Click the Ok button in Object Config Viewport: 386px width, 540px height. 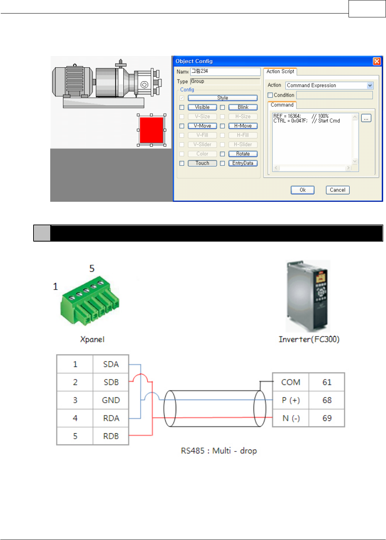coord(302,190)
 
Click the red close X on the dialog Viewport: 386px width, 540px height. coord(377,61)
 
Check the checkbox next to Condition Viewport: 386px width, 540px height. coord(270,95)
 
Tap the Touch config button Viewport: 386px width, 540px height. coord(202,163)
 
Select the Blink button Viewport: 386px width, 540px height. coord(243,107)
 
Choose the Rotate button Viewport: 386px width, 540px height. coord(243,154)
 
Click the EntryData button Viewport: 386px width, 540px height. coord(243,163)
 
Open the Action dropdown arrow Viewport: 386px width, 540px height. coord(370,85)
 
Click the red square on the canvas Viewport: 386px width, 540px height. coord(151,130)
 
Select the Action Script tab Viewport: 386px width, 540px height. coord(280,72)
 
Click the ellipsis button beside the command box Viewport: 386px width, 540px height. coord(366,118)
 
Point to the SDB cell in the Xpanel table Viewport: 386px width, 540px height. coord(111,382)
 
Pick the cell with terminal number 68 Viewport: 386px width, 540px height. coord(327,400)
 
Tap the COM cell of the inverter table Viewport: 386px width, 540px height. coord(291,382)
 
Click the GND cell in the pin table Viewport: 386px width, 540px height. coord(111,400)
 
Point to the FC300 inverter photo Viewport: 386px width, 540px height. coord(308,296)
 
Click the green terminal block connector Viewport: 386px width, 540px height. coord(90,302)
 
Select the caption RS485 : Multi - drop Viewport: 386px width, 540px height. coord(219,451)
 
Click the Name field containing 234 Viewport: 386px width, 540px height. coord(225,72)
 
